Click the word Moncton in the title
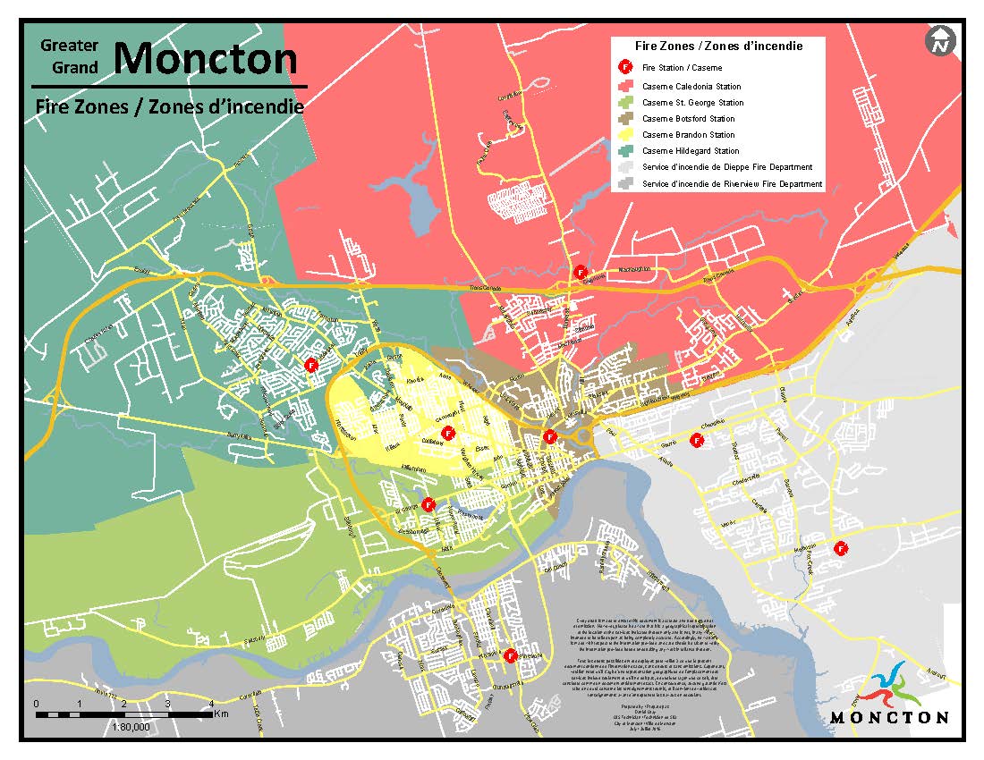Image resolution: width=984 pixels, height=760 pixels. (x=205, y=58)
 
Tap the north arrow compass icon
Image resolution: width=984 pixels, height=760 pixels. (x=941, y=40)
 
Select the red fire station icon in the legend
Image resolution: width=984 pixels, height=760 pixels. (x=625, y=67)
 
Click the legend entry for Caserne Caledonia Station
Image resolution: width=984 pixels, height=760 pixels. (x=691, y=87)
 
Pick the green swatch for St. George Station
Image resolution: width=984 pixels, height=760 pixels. (x=625, y=103)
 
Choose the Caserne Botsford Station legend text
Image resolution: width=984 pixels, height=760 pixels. (x=688, y=119)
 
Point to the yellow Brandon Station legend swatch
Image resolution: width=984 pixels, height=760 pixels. (x=625, y=135)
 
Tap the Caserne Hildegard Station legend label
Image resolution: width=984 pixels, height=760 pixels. (x=691, y=151)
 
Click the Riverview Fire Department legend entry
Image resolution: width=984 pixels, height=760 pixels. (x=732, y=183)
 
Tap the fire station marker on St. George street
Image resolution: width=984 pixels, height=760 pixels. (x=428, y=503)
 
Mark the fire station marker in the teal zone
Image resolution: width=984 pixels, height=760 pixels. (x=311, y=365)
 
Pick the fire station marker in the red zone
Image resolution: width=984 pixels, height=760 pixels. (x=580, y=271)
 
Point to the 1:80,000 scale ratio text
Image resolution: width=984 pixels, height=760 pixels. (x=131, y=728)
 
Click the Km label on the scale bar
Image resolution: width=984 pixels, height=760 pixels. (x=222, y=714)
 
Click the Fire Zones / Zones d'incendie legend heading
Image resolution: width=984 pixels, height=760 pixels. (x=717, y=46)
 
